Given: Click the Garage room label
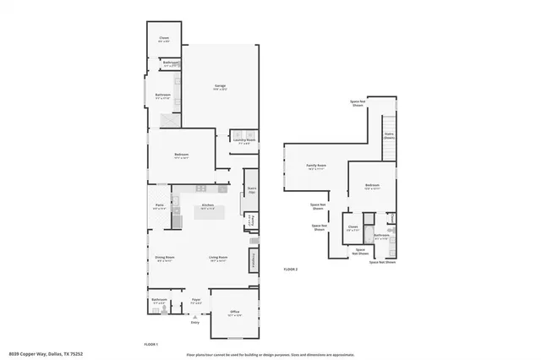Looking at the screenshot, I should click(220, 87).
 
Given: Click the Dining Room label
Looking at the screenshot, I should click(164, 259).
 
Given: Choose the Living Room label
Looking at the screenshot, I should click(219, 259).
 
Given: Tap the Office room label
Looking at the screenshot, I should click(235, 314).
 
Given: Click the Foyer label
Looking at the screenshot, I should click(195, 301).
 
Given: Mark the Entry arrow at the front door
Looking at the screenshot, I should click(195, 321).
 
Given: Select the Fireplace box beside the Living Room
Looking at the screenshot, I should click(252, 259).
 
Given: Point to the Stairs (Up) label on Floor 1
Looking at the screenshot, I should click(251, 191).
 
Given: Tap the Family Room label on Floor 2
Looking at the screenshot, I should click(317, 166).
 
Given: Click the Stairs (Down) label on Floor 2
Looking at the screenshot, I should click(389, 136).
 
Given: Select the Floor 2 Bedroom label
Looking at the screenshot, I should click(373, 187).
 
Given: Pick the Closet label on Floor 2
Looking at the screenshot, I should click(352, 227).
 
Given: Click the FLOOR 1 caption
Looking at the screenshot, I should click(151, 342).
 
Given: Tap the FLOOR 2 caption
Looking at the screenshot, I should click(291, 269).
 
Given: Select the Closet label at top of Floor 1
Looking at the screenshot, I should click(164, 39).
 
